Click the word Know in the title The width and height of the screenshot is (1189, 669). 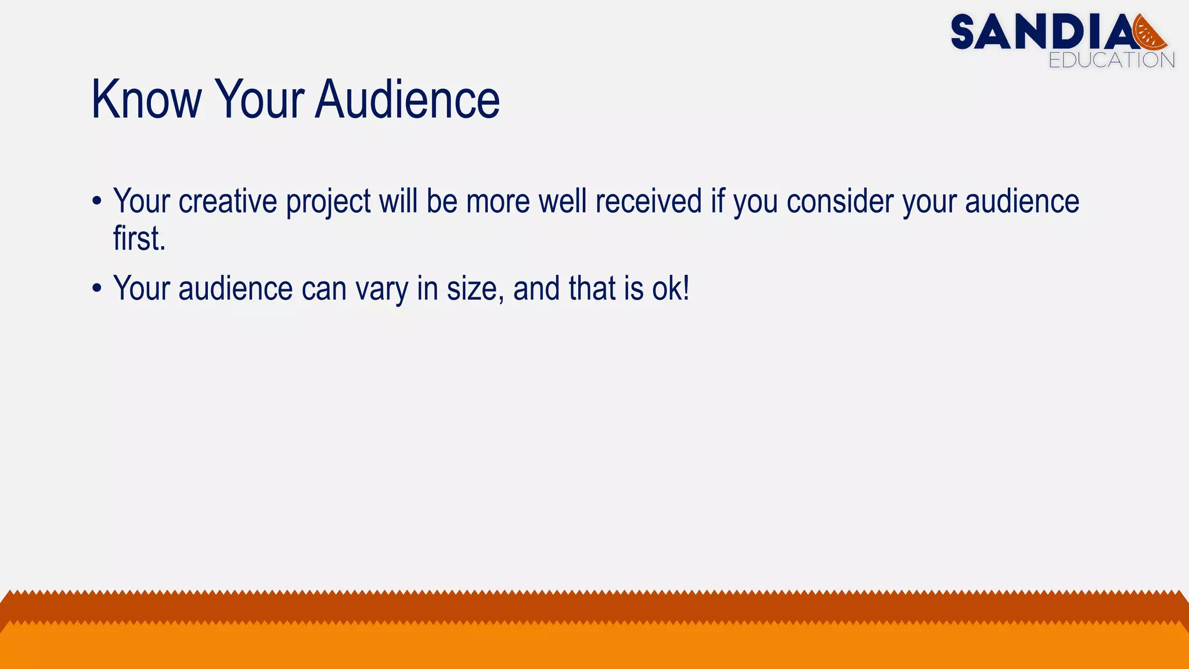click(146, 100)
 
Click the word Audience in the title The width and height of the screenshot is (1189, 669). click(408, 100)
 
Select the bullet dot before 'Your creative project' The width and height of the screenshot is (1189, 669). click(97, 202)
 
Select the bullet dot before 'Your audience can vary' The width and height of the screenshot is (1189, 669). click(97, 289)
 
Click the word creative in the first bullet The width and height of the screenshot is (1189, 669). click(228, 202)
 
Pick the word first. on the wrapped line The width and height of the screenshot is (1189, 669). click(139, 239)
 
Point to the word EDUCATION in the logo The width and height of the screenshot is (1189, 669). click(1111, 60)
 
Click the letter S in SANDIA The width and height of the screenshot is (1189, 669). click(967, 33)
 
